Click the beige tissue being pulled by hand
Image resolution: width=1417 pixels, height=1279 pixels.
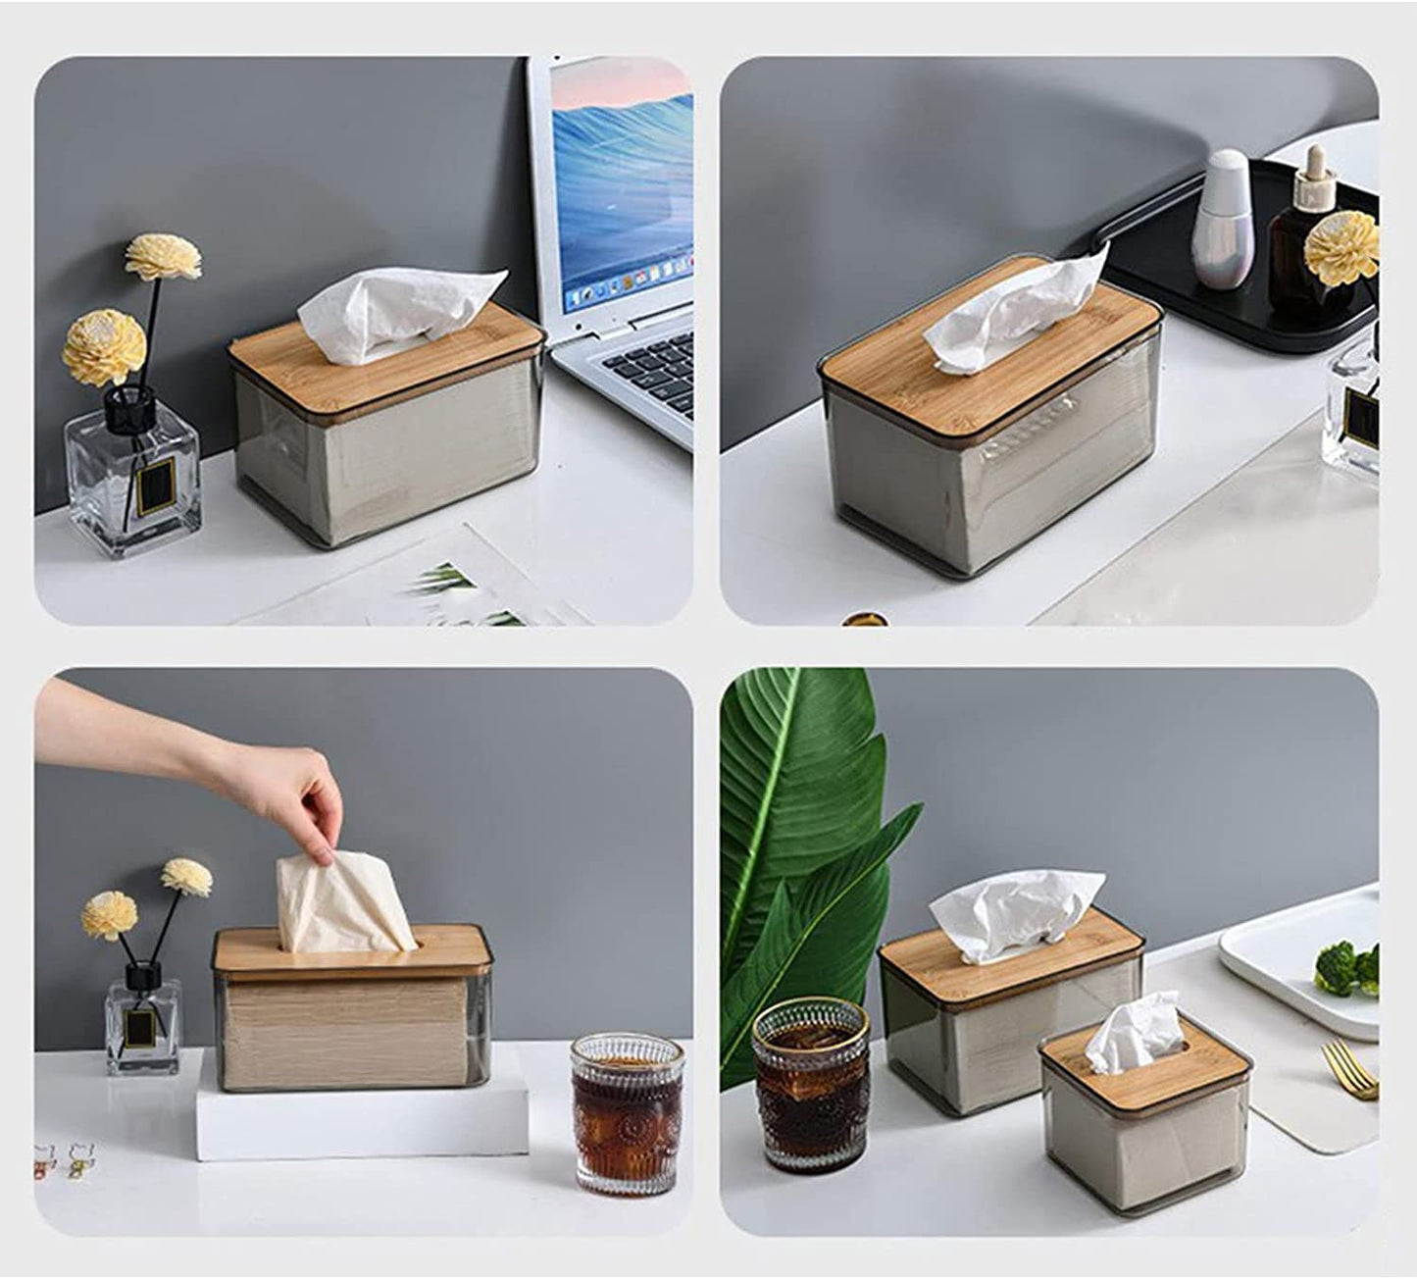[338, 907]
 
